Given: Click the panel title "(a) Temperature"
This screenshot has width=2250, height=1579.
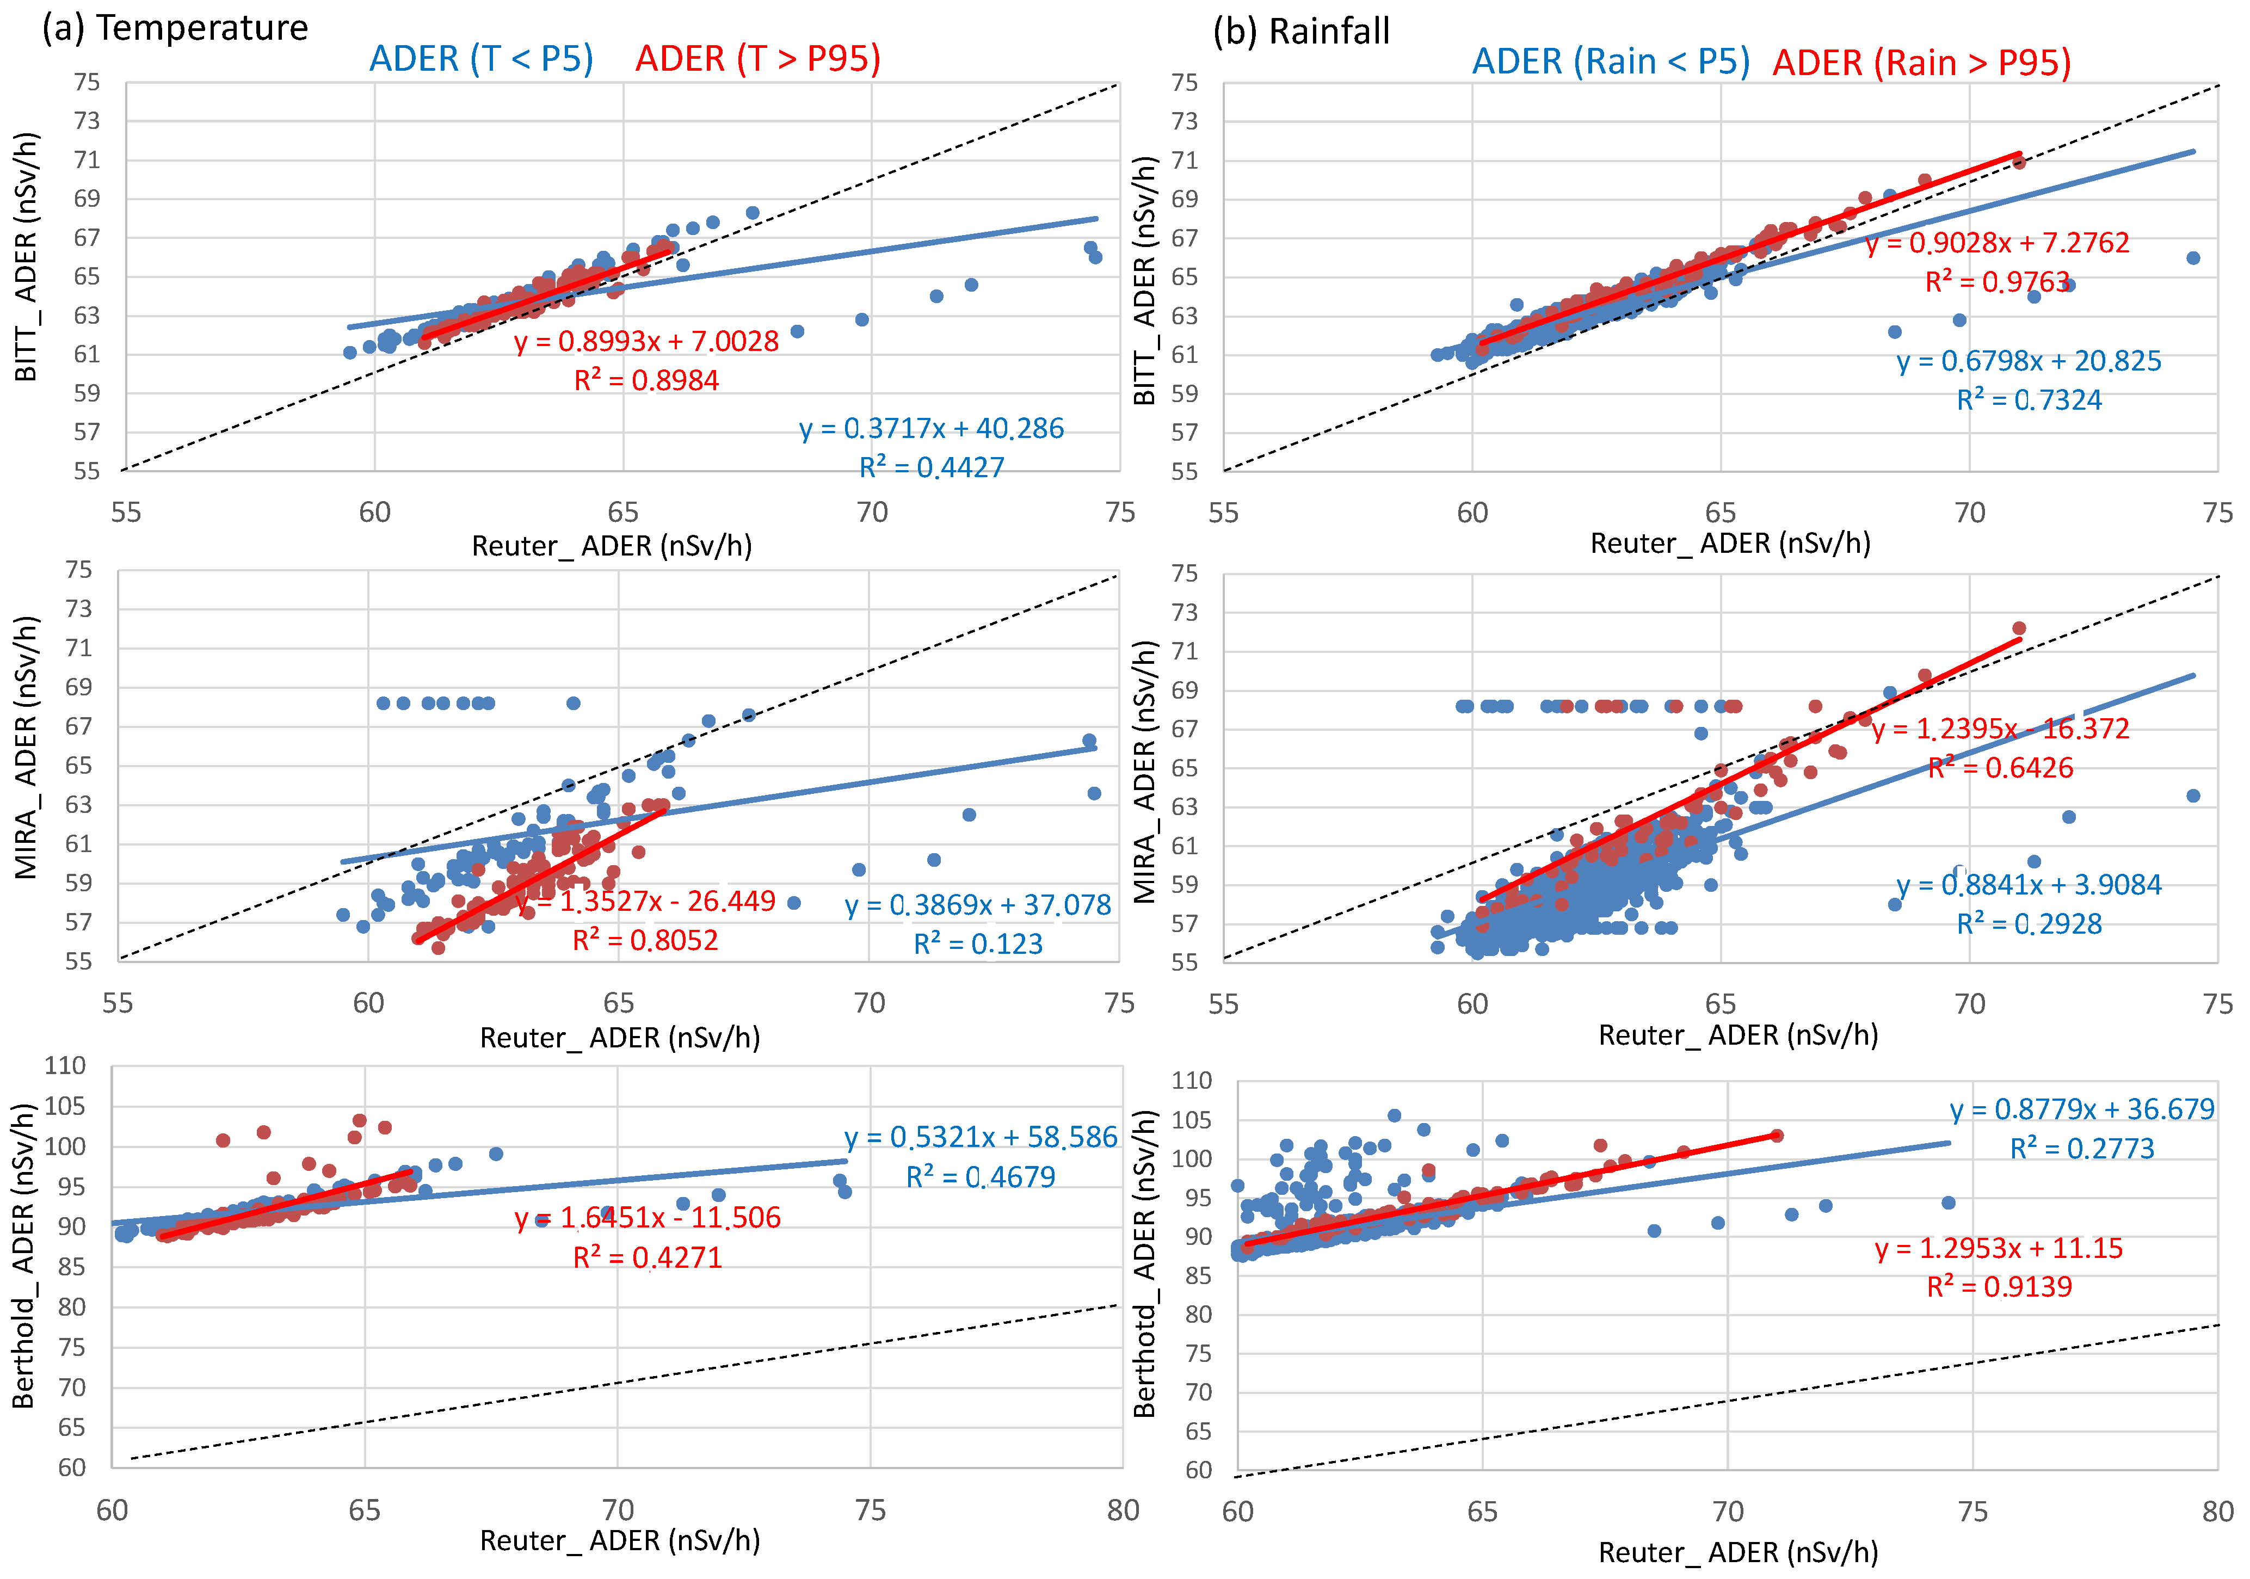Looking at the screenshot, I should [x=175, y=28].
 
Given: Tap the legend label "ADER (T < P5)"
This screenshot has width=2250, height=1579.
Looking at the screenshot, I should [x=481, y=59].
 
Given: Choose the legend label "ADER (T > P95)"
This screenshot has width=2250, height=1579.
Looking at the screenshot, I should [x=757, y=59].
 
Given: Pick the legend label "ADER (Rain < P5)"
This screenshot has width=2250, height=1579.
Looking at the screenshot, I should [x=1610, y=61].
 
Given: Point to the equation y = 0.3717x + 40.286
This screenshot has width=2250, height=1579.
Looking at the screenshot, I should [x=931, y=428].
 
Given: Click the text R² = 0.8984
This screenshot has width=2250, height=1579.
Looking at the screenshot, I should [x=647, y=380].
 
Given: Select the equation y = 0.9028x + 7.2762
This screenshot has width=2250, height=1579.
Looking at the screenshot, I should [x=1997, y=243].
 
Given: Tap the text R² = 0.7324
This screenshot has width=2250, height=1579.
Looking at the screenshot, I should [x=2029, y=400].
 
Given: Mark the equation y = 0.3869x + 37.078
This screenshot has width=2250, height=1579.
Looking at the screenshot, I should [x=978, y=905].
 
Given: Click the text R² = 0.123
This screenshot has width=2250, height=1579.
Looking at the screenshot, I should [x=978, y=944].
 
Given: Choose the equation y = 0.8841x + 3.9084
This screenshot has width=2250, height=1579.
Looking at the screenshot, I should [x=2029, y=885].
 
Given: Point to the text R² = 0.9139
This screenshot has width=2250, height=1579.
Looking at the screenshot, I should [x=1999, y=1287].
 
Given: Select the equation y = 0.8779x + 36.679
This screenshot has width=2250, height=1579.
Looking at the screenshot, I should [x=2081, y=1109].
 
